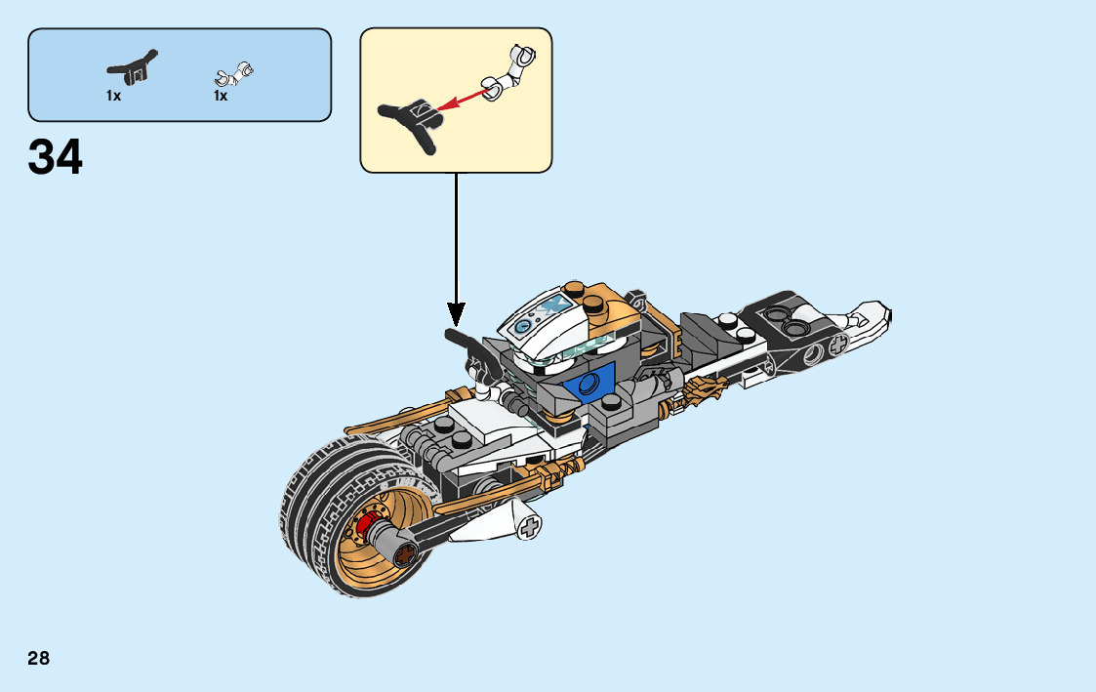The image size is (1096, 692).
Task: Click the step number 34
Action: pyautogui.click(x=56, y=158)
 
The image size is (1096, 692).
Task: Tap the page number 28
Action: pyautogui.click(x=38, y=658)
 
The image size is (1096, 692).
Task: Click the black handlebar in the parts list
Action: pyautogui.click(x=132, y=67)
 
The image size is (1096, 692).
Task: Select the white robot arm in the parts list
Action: pyautogui.click(x=234, y=73)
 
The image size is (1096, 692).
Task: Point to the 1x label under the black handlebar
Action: pyautogui.click(x=114, y=96)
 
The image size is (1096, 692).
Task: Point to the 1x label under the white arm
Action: pyautogui.click(x=221, y=96)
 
